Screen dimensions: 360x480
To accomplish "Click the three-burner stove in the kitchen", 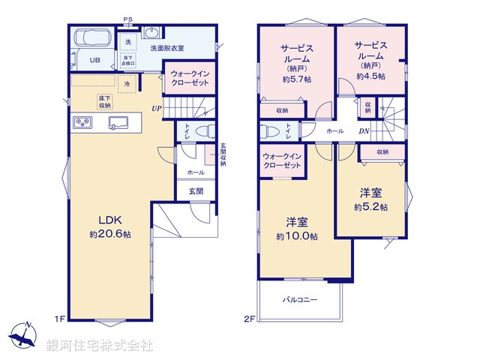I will pyautogui.click(x=82, y=122).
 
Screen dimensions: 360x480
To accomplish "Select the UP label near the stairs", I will pyautogui.click(x=156, y=108).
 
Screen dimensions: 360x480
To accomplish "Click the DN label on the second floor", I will pyautogui.click(x=363, y=131).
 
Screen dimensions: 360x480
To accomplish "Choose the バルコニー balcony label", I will pyautogui.click(x=299, y=299).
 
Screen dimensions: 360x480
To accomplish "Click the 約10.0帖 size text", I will pyautogui.click(x=296, y=236).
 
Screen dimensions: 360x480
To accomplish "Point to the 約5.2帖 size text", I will pyautogui.click(x=370, y=206).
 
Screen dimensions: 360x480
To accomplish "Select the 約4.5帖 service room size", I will pyautogui.click(x=370, y=76).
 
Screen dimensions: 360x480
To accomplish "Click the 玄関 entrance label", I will pyautogui.click(x=195, y=190).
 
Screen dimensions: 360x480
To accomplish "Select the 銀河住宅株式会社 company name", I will pyautogui.click(x=100, y=346).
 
